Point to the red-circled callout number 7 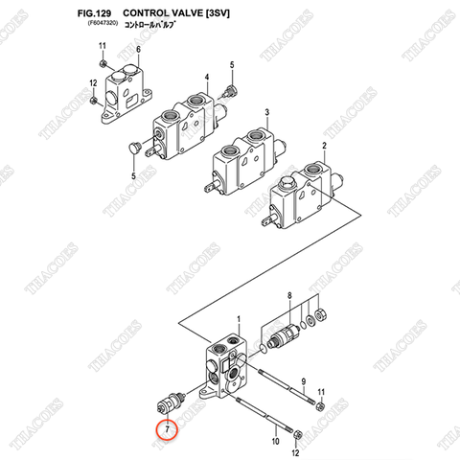point(167,428)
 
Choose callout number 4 point(206,76)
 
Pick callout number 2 point(324,145)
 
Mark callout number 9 point(305,380)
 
